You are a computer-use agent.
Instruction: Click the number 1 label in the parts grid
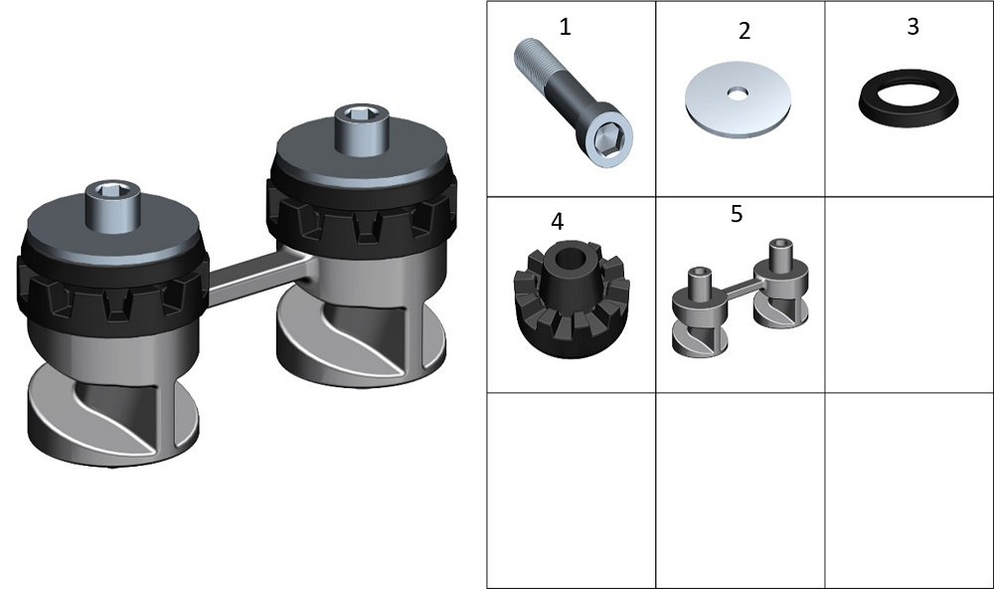(565, 27)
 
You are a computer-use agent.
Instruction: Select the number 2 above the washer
(745, 31)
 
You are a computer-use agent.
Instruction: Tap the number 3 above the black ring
(912, 27)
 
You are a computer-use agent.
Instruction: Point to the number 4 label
(558, 222)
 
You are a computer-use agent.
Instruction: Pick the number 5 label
(736, 214)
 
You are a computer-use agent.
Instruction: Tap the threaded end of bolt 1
(530, 56)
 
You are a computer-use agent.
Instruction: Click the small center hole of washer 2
(738, 94)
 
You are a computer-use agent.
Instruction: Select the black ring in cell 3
(909, 98)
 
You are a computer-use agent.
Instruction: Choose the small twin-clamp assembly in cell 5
(741, 297)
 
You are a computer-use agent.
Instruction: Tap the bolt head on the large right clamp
(362, 129)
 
